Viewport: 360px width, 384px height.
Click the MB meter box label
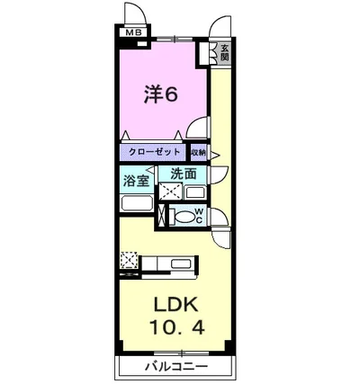point(134,34)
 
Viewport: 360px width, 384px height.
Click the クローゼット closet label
point(154,153)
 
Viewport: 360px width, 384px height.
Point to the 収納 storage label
point(198,153)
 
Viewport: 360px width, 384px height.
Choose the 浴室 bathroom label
point(137,179)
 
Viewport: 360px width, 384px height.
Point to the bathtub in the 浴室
point(137,203)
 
